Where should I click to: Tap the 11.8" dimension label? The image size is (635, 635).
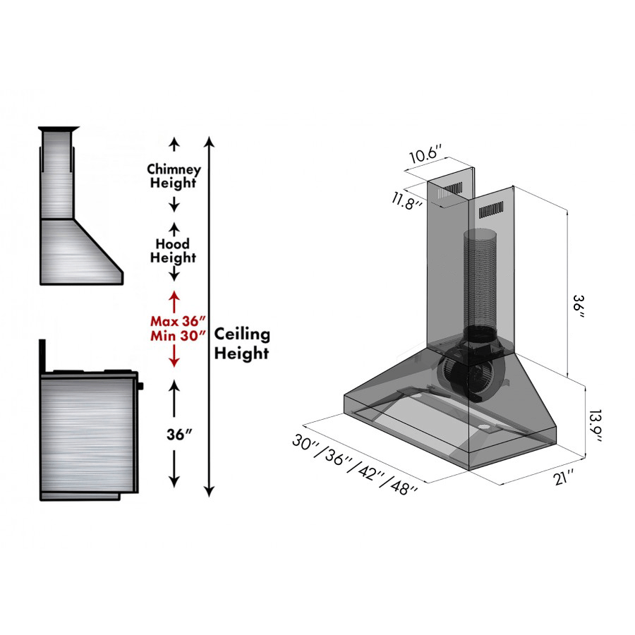[408, 200]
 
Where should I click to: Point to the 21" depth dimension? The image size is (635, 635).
[563, 478]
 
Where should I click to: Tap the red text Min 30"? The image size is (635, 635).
[173, 336]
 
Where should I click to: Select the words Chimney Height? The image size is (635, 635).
[174, 176]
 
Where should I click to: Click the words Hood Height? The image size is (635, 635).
[173, 251]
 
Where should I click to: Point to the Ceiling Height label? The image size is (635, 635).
[241, 343]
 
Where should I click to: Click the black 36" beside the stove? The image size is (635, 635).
[174, 434]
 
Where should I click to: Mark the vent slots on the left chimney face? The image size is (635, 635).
[449, 190]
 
